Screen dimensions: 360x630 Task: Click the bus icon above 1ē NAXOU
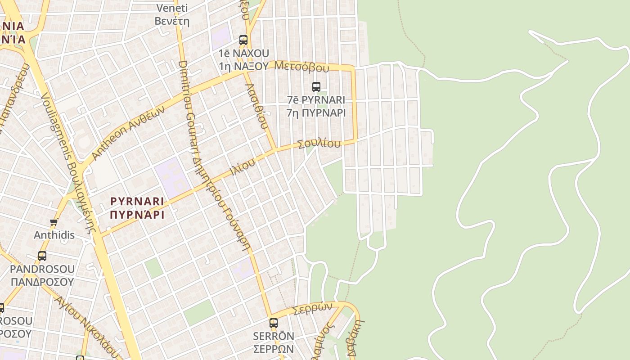(x=243, y=40)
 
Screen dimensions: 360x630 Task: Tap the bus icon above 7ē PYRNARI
(x=316, y=86)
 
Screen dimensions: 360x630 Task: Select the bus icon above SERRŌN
(x=274, y=323)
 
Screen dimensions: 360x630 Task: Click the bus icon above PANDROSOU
(x=42, y=256)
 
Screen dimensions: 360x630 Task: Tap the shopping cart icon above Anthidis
(x=54, y=222)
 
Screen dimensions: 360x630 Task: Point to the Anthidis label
(x=54, y=235)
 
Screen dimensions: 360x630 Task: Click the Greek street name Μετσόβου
(x=301, y=67)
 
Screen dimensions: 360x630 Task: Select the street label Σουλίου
(x=319, y=144)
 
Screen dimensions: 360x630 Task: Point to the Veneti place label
(x=172, y=8)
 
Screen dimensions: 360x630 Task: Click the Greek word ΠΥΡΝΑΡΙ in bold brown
(x=137, y=215)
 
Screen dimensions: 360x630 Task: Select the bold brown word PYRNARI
(x=137, y=201)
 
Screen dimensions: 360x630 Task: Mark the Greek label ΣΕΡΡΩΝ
(x=274, y=349)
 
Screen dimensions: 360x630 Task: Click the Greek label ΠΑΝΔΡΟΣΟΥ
(x=42, y=282)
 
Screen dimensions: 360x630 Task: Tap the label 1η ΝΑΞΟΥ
(x=243, y=66)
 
